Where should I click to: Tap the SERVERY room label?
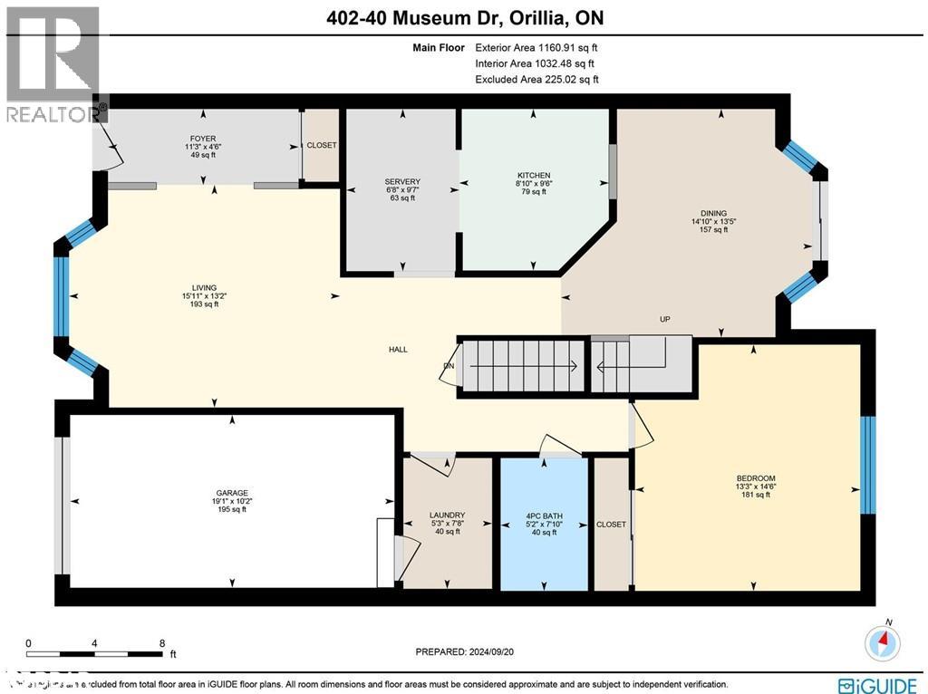pyautogui.click(x=402, y=182)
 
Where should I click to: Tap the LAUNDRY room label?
pyautogui.click(x=447, y=516)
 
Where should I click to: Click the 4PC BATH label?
pyautogui.click(x=544, y=516)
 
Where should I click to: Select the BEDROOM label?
pyautogui.click(x=755, y=478)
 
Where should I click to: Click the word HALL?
pyautogui.click(x=399, y=349)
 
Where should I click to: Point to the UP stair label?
pyautogui.click(x=664, y=320)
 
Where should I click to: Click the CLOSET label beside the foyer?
pyautogui.click(x=321, y=145)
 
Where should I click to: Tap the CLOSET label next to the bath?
pyautogui.click(x=611, y=524)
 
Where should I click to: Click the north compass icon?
pyautogui.click(x=883, y=642)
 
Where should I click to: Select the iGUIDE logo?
pyautogui.click(x=878, y=684)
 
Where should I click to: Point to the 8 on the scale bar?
pyautogui.click(x=161, y=641)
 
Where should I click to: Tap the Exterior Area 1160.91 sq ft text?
pyautogui.click(x=535, y=48)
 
